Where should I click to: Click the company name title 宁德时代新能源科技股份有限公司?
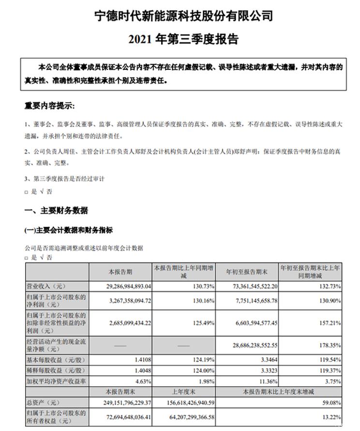pyautogui.click(x=183, y=15)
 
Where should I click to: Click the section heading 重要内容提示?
pyautogui.click(x=50, y=106)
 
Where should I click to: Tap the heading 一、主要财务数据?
pyautogui.click(x=56, y=211)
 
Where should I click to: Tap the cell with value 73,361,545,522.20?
pyautogui.click(x=250, y=286)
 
